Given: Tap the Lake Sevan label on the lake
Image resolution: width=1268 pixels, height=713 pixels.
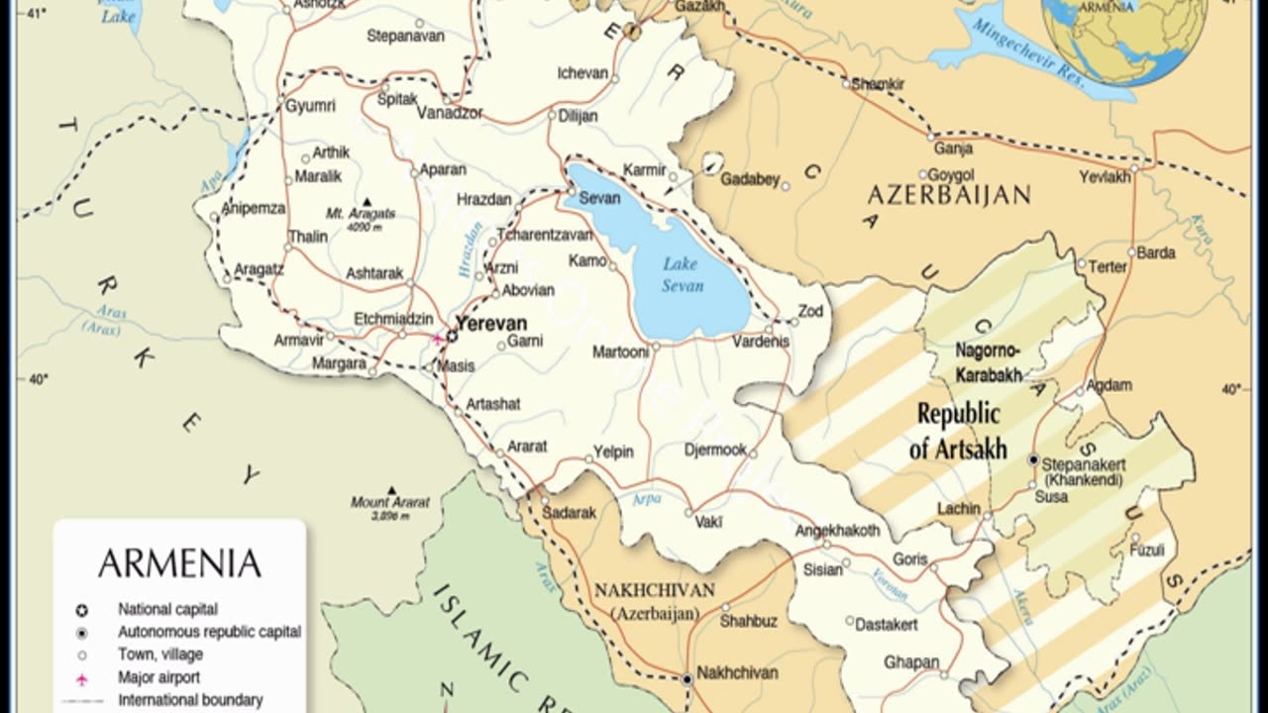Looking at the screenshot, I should pos(683,274).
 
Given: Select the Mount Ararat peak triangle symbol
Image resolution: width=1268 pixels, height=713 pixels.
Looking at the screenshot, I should pos(391,490).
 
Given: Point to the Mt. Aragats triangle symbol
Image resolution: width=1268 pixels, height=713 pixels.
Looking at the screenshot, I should pos(368,201).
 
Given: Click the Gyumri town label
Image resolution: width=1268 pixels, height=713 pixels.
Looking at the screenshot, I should pos(310,106).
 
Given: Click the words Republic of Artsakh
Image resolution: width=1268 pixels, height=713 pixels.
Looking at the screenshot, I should pos(957,431).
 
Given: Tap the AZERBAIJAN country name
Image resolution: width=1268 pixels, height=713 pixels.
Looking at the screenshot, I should pos(949,194).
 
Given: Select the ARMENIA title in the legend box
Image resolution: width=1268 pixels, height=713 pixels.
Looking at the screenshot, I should pos(179,563).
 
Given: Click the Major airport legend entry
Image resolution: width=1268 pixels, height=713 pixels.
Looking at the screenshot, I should pos(158,677).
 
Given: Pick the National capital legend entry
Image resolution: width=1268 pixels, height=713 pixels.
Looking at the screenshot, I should pos(167,609).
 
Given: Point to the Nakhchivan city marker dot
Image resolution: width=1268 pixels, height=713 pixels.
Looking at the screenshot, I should pos(687,679).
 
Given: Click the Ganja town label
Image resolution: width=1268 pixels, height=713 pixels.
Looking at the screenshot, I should pos(953,149).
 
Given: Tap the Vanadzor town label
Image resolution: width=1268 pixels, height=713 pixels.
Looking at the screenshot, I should pos(450,113).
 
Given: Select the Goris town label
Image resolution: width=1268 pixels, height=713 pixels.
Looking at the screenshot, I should pos(909,560).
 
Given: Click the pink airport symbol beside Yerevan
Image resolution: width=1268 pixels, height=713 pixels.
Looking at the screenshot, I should pos(437,338).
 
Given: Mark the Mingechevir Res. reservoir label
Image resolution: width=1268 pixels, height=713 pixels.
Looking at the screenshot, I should pos(1030,54).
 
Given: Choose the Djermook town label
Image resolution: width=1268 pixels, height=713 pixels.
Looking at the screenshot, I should pos(715,450).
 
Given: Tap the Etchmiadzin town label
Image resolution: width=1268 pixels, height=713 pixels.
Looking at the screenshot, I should pos(393,318).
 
